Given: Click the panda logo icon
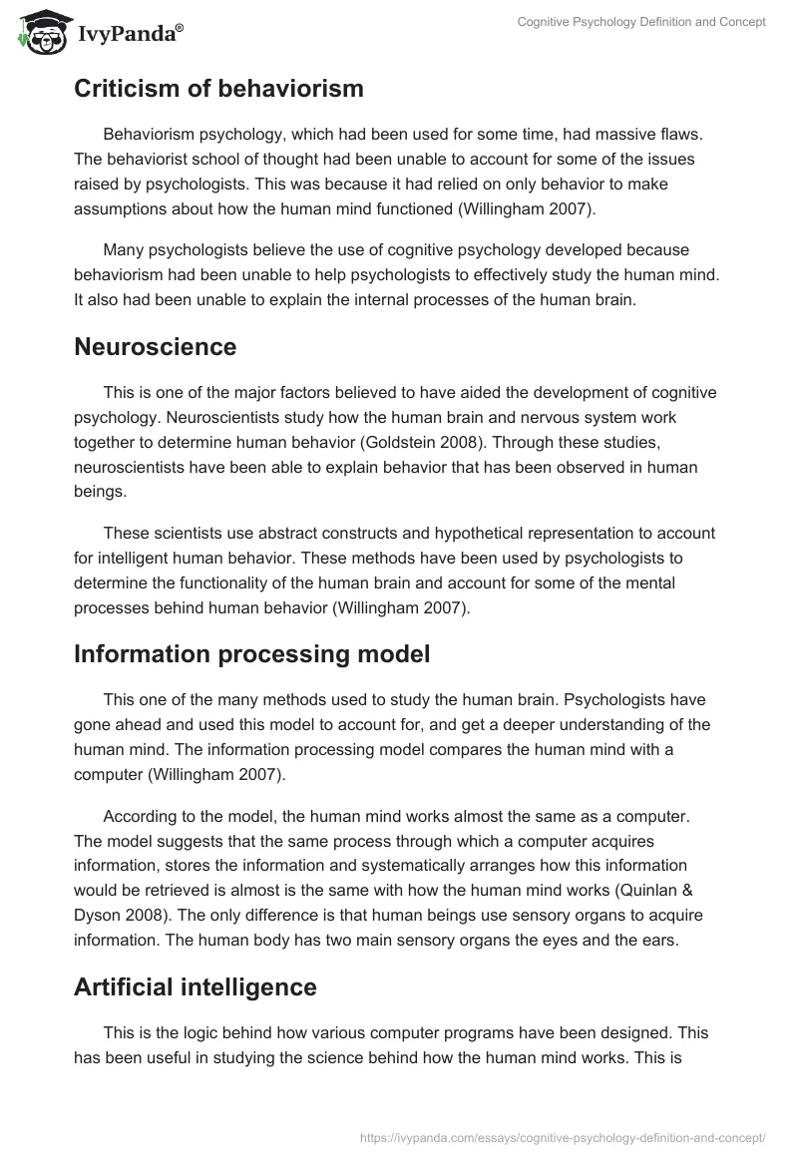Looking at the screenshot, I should pos(39,33).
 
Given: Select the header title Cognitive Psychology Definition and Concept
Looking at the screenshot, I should pos(641,22).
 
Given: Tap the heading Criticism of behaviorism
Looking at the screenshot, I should pos(218,89).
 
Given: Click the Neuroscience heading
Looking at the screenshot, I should pos(155,347).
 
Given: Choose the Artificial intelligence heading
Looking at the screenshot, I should pos(196,986).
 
